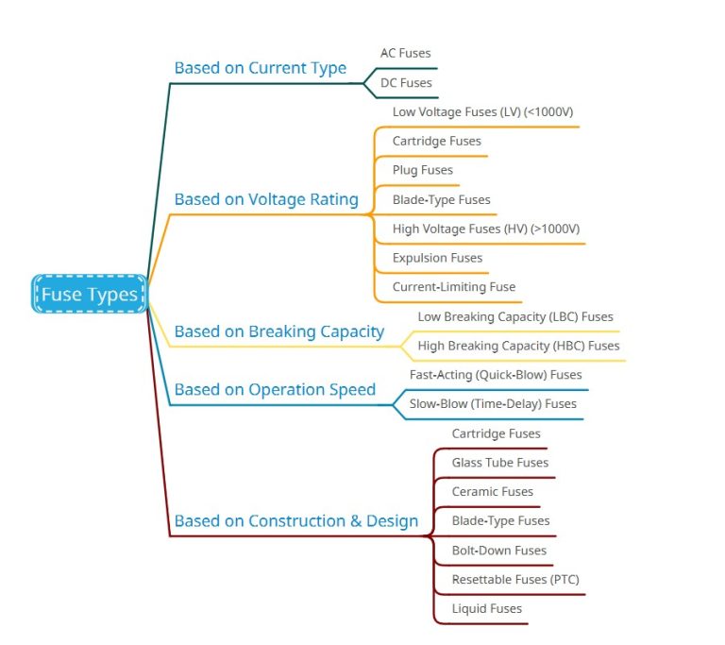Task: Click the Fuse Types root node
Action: coord(90,295)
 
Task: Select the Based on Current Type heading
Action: coord(260,68)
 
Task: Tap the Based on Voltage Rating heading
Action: coord(266,199)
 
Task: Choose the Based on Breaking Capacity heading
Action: coord(278,331)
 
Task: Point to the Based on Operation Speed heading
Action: coord(275,389)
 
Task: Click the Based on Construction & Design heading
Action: coord(295,520)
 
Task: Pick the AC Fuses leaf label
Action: coord(405,54)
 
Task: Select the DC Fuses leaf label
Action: coord(406,83)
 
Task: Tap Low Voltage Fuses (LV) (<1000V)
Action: coord(482,112)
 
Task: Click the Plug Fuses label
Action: coord(423,171)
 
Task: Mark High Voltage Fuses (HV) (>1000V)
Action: coord(485,229)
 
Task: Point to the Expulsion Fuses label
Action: coord(437,258)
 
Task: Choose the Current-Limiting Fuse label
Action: coord(454,287)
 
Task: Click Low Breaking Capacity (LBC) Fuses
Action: coord(514,317)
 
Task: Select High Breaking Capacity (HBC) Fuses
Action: coord(518,347)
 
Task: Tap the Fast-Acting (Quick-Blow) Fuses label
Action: coord(496,375)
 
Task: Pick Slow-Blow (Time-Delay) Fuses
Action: coord(493,404)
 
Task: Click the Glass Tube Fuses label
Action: coord(499,463)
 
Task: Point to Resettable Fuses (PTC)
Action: coord(514,580)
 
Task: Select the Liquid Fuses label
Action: coord(486,609)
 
